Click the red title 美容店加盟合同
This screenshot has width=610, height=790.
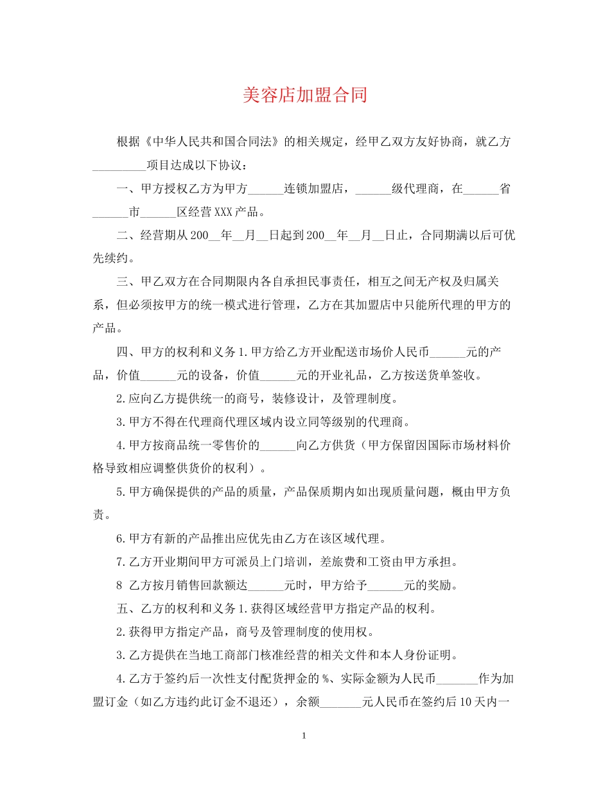click(x=305, y=96)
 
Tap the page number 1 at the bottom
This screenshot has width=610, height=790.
click(x=304, y=735)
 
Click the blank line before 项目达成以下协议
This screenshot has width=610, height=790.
click(x=119, y=166)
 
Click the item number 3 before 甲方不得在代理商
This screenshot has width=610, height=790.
click(x=119, y=422)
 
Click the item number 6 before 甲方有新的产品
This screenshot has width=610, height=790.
click(x=119, y=538)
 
